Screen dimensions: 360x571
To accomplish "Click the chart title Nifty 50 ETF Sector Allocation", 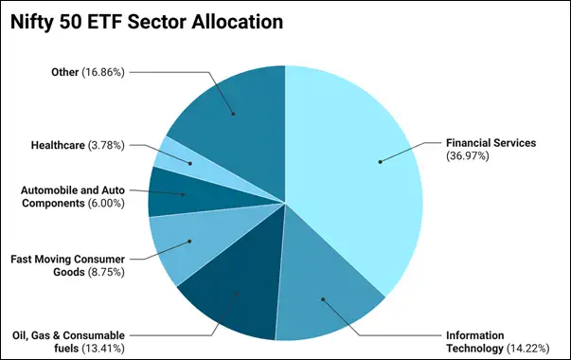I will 148,21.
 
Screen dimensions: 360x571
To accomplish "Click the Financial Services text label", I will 491,143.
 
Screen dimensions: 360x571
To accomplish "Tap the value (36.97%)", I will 469,155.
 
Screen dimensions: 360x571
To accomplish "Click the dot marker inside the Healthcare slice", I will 190,163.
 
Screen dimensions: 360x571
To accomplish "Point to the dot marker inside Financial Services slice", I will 380,161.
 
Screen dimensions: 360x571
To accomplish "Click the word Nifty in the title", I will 32,21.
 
